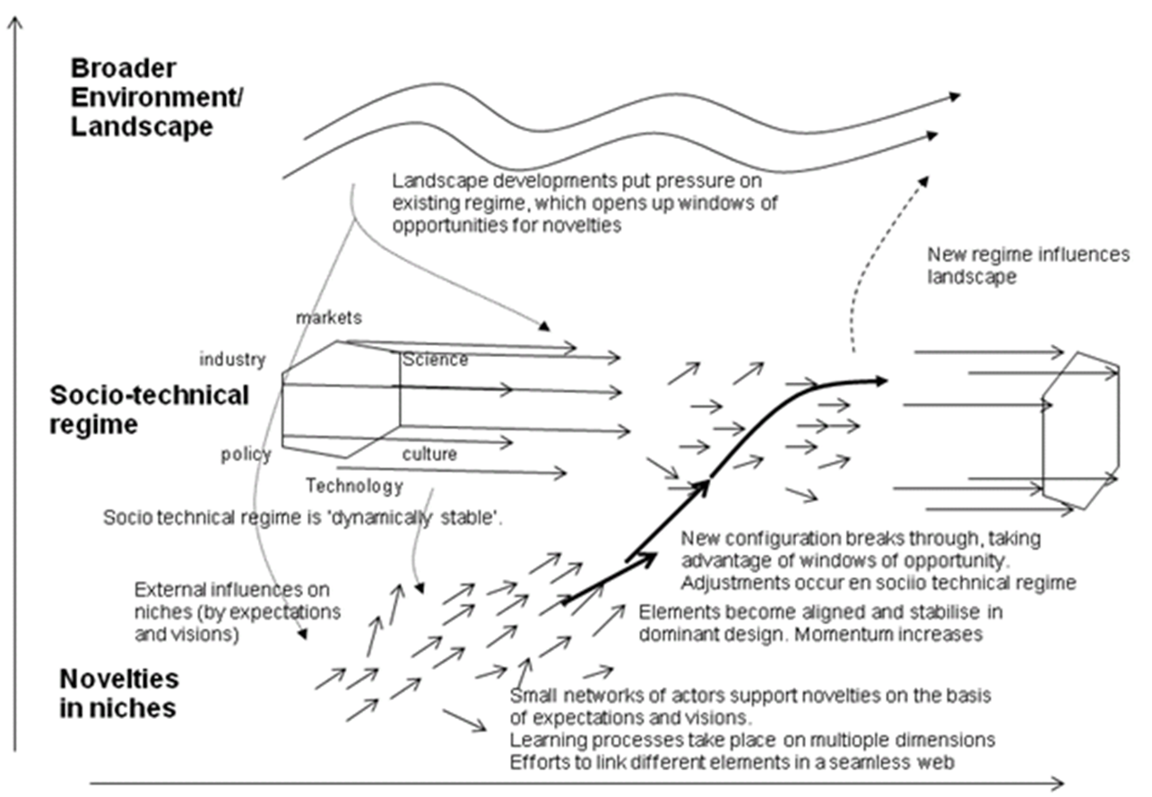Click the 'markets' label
point(328,317)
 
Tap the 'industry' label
point(232,360)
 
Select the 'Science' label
point(435,360)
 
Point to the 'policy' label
point(246,455)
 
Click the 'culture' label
point(429,454)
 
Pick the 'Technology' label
point(354,487)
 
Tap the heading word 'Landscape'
point(142,127)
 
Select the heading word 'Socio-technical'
point(149,395)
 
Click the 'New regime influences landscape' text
point(1028,265)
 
